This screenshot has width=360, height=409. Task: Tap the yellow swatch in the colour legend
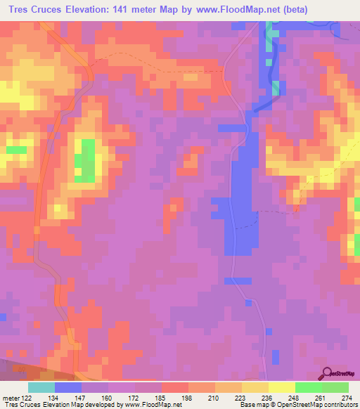tap(281, 387)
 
